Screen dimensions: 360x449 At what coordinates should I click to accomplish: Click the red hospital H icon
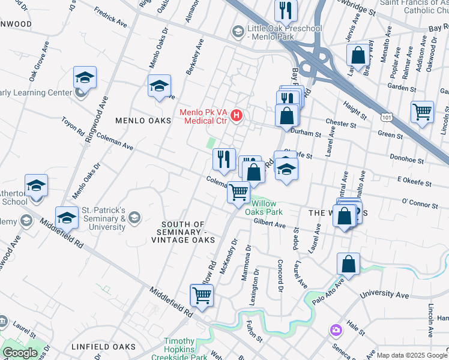(237, 115)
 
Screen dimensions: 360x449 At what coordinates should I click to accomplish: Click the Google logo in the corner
(20, 353)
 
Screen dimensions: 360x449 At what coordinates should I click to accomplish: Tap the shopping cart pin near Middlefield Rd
(202, 295)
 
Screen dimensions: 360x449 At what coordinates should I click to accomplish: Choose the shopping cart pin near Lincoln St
(422, 112)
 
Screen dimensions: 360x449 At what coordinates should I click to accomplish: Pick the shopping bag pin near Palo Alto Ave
(348, 264)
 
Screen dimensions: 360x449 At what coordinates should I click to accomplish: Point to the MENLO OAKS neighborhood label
(140, 121)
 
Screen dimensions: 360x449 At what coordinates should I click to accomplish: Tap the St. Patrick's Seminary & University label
(104, 218)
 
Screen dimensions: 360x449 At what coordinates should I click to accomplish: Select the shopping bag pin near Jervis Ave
(358, 55)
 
